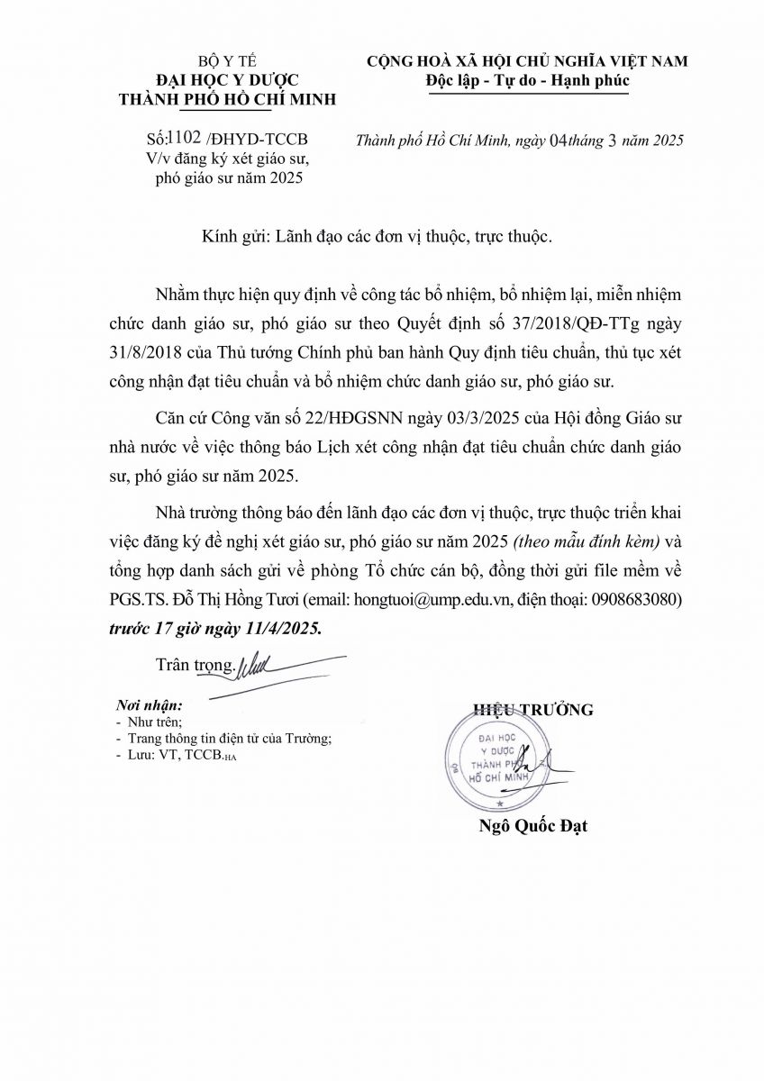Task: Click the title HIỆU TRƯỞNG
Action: pyautogui.click(x=533, y=710)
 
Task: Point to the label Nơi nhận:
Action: pyautogui.click(x=149, y=704)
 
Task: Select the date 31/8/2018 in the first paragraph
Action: pyautogui.click(x=179, y=351)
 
